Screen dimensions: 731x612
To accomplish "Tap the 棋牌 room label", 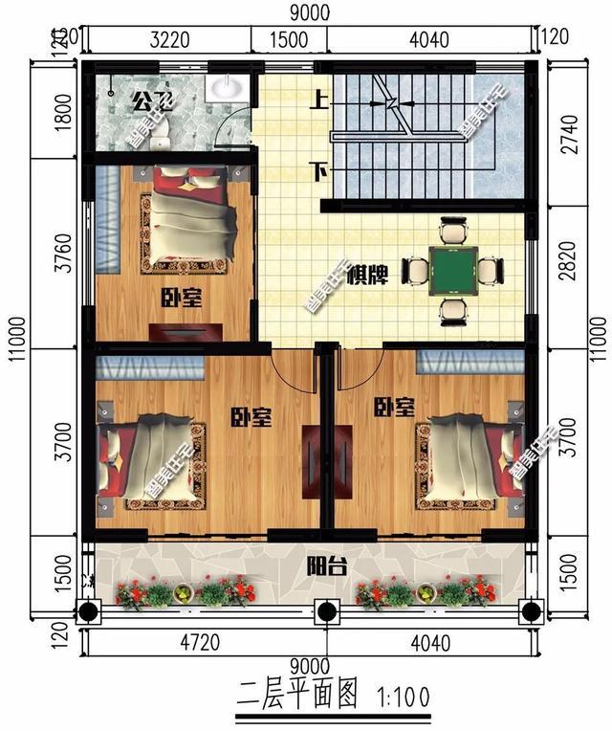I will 366,276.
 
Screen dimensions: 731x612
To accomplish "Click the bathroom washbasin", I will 224,86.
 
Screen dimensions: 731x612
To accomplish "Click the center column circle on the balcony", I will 325,610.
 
